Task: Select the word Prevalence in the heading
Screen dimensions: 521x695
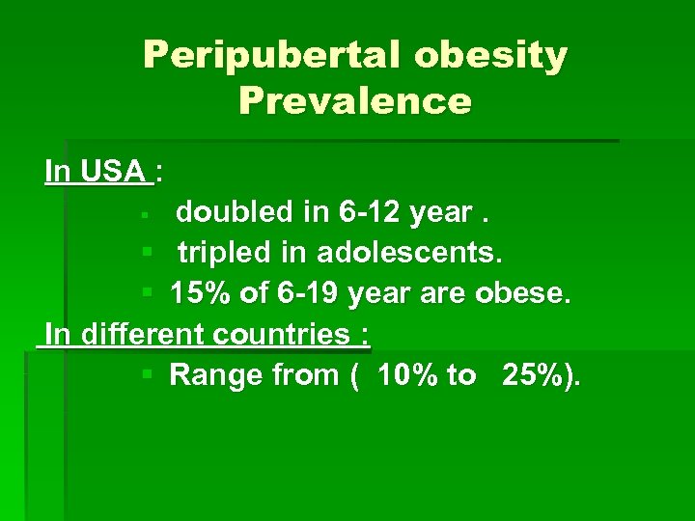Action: pyautogui.click(x=355, y=100)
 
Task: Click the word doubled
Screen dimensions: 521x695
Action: pyautogui.click(x=229, y=212)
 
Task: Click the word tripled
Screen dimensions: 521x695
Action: pyautogui.click(x=227, y=253)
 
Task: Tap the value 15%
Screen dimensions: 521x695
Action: pyautogui.click(x=201, y=293)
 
